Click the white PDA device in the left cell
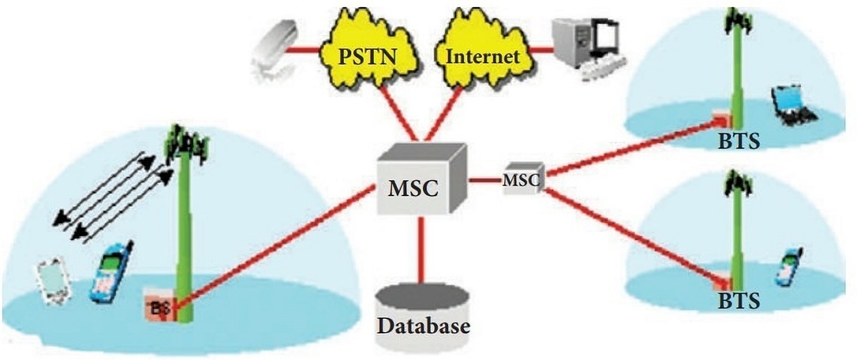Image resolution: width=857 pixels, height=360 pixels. click(x=53, y=282)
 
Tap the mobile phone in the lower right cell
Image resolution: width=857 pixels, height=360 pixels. click(x=789, y=267)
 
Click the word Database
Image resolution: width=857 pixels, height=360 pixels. click(x=424, y=326)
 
